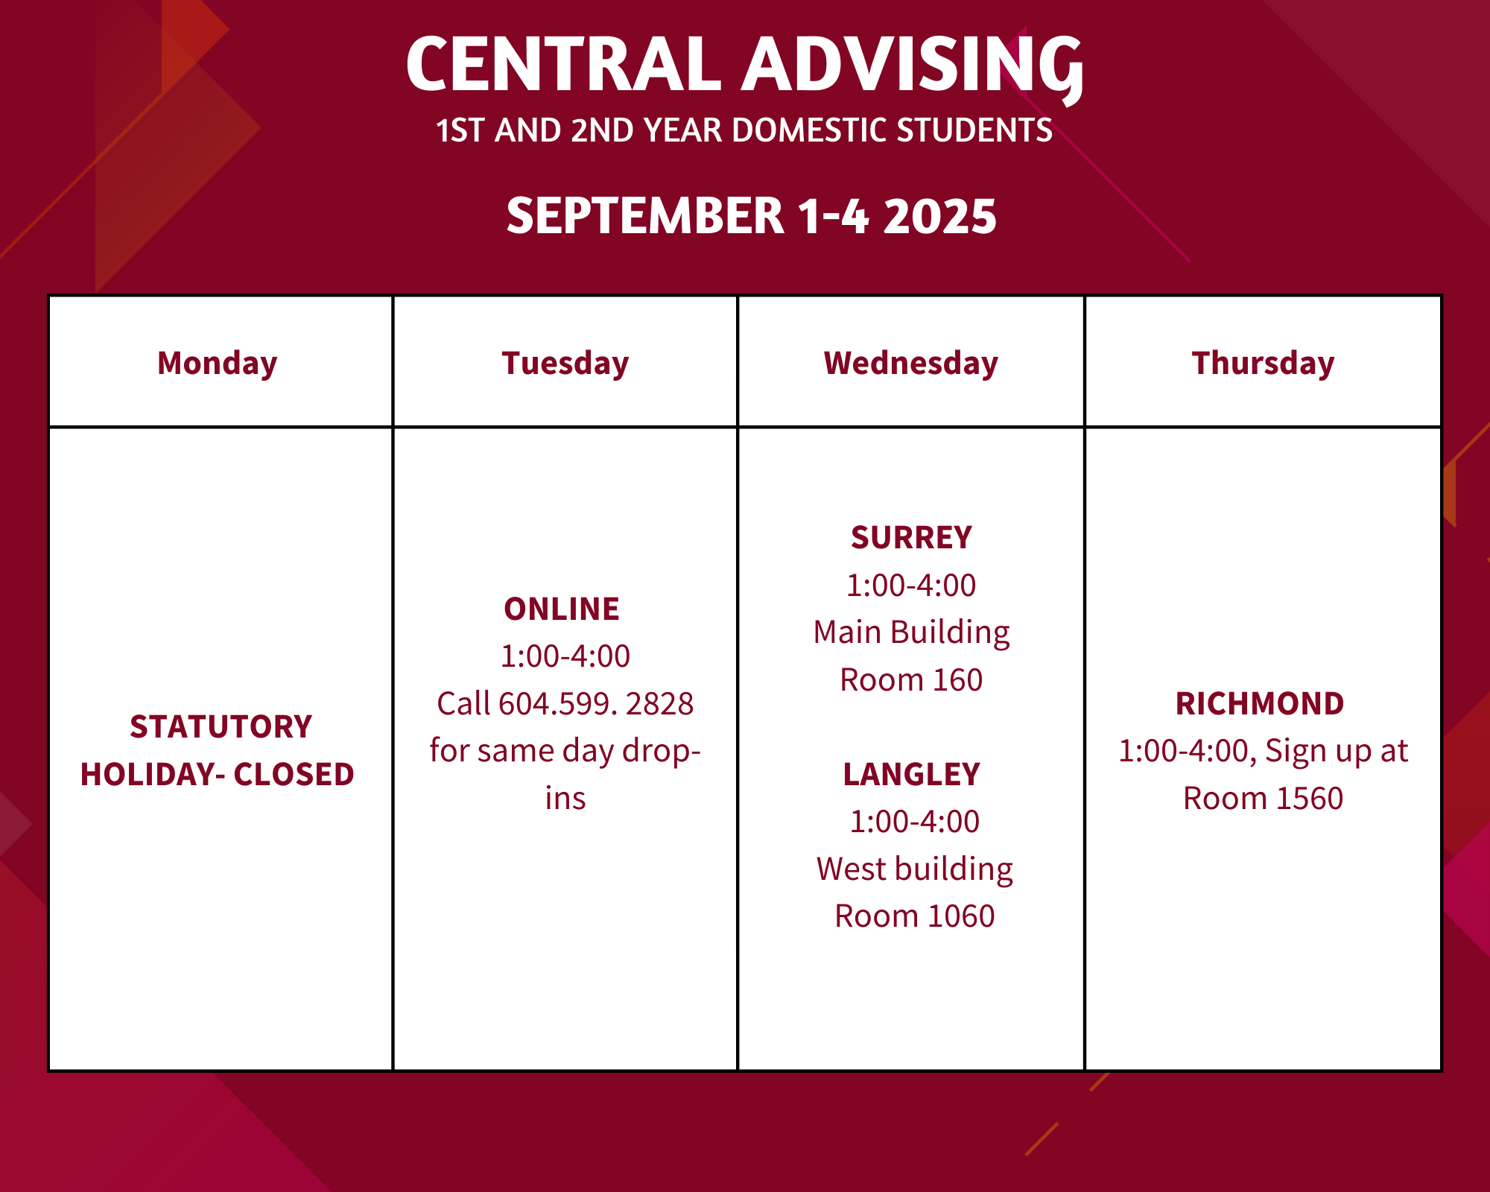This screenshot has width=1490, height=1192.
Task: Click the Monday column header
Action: tap(217, 364)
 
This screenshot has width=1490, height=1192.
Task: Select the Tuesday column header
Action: tap(565, 364)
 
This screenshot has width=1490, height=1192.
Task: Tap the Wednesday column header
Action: tap(910, 364)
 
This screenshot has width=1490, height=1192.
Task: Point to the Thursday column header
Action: tap(1263, 364)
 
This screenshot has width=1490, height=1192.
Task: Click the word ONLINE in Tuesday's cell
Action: tap(562, 609)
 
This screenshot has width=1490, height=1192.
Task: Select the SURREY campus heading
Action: tap(911, 537)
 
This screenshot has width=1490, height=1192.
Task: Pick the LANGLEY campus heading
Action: tap(911, 774)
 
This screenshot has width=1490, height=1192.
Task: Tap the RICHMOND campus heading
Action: tap(1260, 703)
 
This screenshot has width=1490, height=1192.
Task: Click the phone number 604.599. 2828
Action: tap(596, 703)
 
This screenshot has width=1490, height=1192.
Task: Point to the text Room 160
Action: tap(911, 679)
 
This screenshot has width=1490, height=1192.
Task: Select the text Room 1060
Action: tap(914, 916)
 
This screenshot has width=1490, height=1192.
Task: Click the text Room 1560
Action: tap(1263, 798)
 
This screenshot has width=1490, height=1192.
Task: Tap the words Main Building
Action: tap(911, 633)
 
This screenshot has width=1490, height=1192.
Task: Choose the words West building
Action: tap(914, 869)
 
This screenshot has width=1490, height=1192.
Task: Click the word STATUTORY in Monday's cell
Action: tap(221, 726)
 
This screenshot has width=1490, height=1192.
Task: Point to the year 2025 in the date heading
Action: tap(939, 216)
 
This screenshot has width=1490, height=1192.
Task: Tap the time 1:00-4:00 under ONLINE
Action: tap(565, 656)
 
